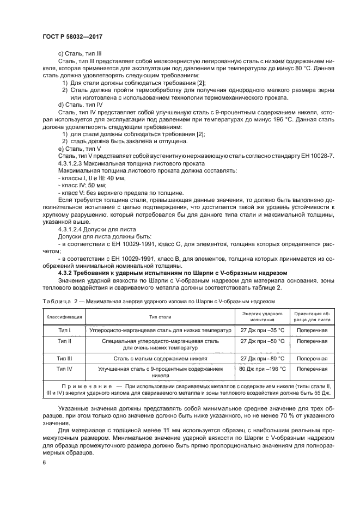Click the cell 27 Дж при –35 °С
click(262, 330)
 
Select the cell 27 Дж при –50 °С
click(262, 341)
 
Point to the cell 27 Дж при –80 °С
click(262, 358)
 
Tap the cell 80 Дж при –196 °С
click(262, 369)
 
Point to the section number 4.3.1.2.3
click(73, 163)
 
